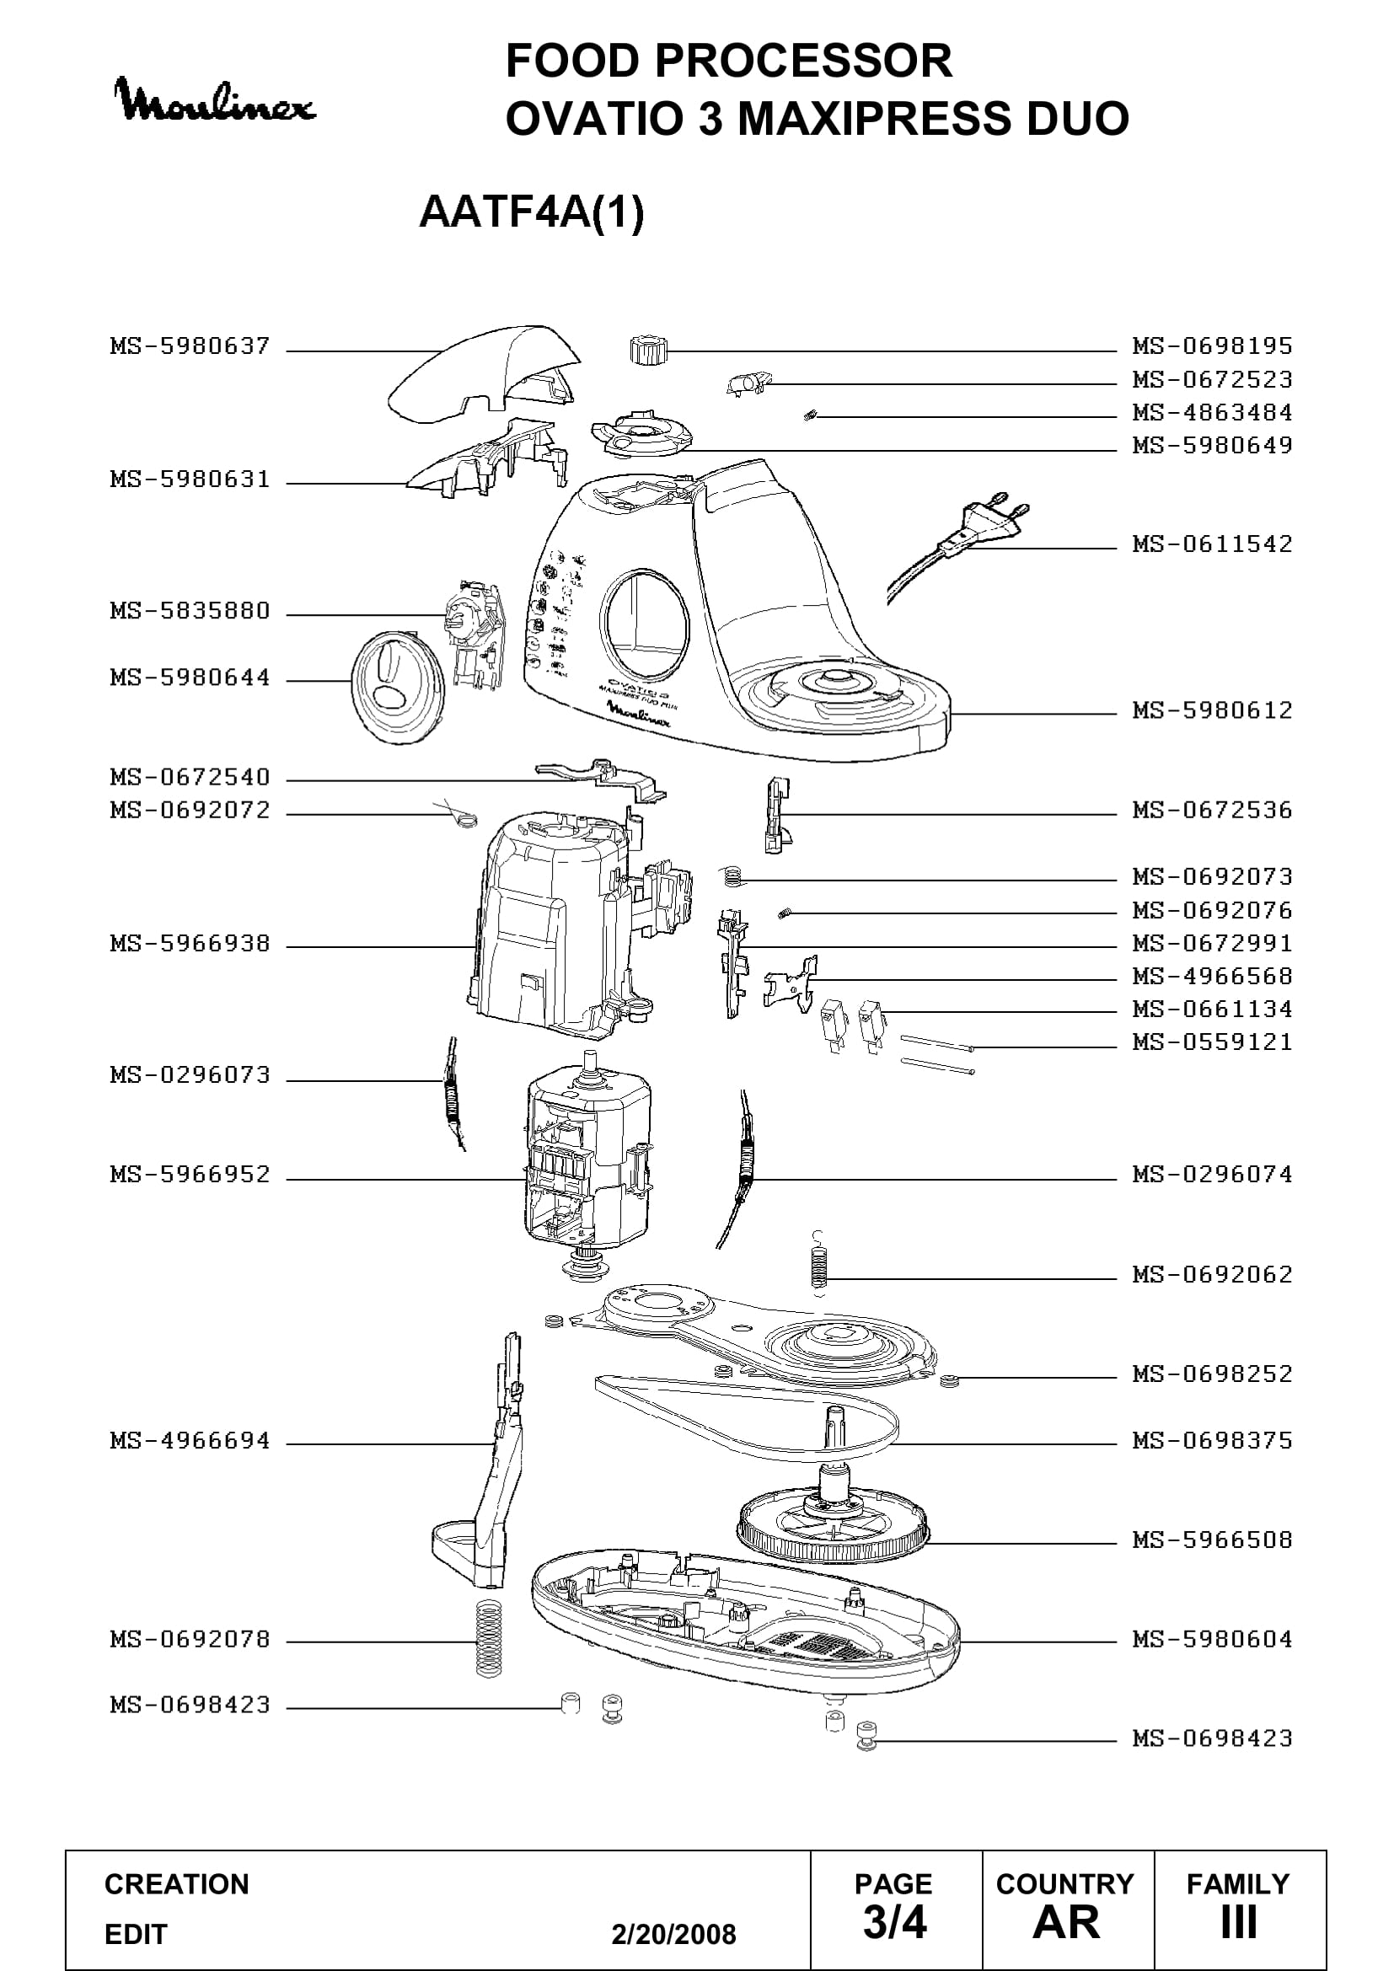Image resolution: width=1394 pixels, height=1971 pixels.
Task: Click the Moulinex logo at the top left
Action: coord(215,101)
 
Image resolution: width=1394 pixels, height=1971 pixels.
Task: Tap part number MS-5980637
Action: coord(190,346)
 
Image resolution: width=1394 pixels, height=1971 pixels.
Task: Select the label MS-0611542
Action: coord(1212,544)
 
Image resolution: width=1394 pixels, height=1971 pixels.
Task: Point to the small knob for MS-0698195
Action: coord(646,351)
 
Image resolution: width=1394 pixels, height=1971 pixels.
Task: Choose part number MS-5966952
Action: coord(190,1174)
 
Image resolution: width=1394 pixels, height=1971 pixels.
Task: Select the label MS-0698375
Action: coord(1212,1439)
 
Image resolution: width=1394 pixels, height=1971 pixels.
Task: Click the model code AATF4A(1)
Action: coord(531,212)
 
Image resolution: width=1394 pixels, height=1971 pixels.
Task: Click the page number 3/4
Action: coord(894,1922)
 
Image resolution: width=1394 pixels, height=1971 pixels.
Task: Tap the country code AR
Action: coord(1066,1922)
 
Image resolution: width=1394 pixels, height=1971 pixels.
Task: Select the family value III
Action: coord(1239,1922)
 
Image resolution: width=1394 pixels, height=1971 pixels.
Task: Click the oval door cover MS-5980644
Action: coord(399,688)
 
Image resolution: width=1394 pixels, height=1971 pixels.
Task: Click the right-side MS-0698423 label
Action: coord(1212,1738)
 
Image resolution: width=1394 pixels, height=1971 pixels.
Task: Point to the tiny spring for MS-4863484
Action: coord(809,416)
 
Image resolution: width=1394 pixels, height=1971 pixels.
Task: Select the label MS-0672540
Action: coord(190,777)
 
